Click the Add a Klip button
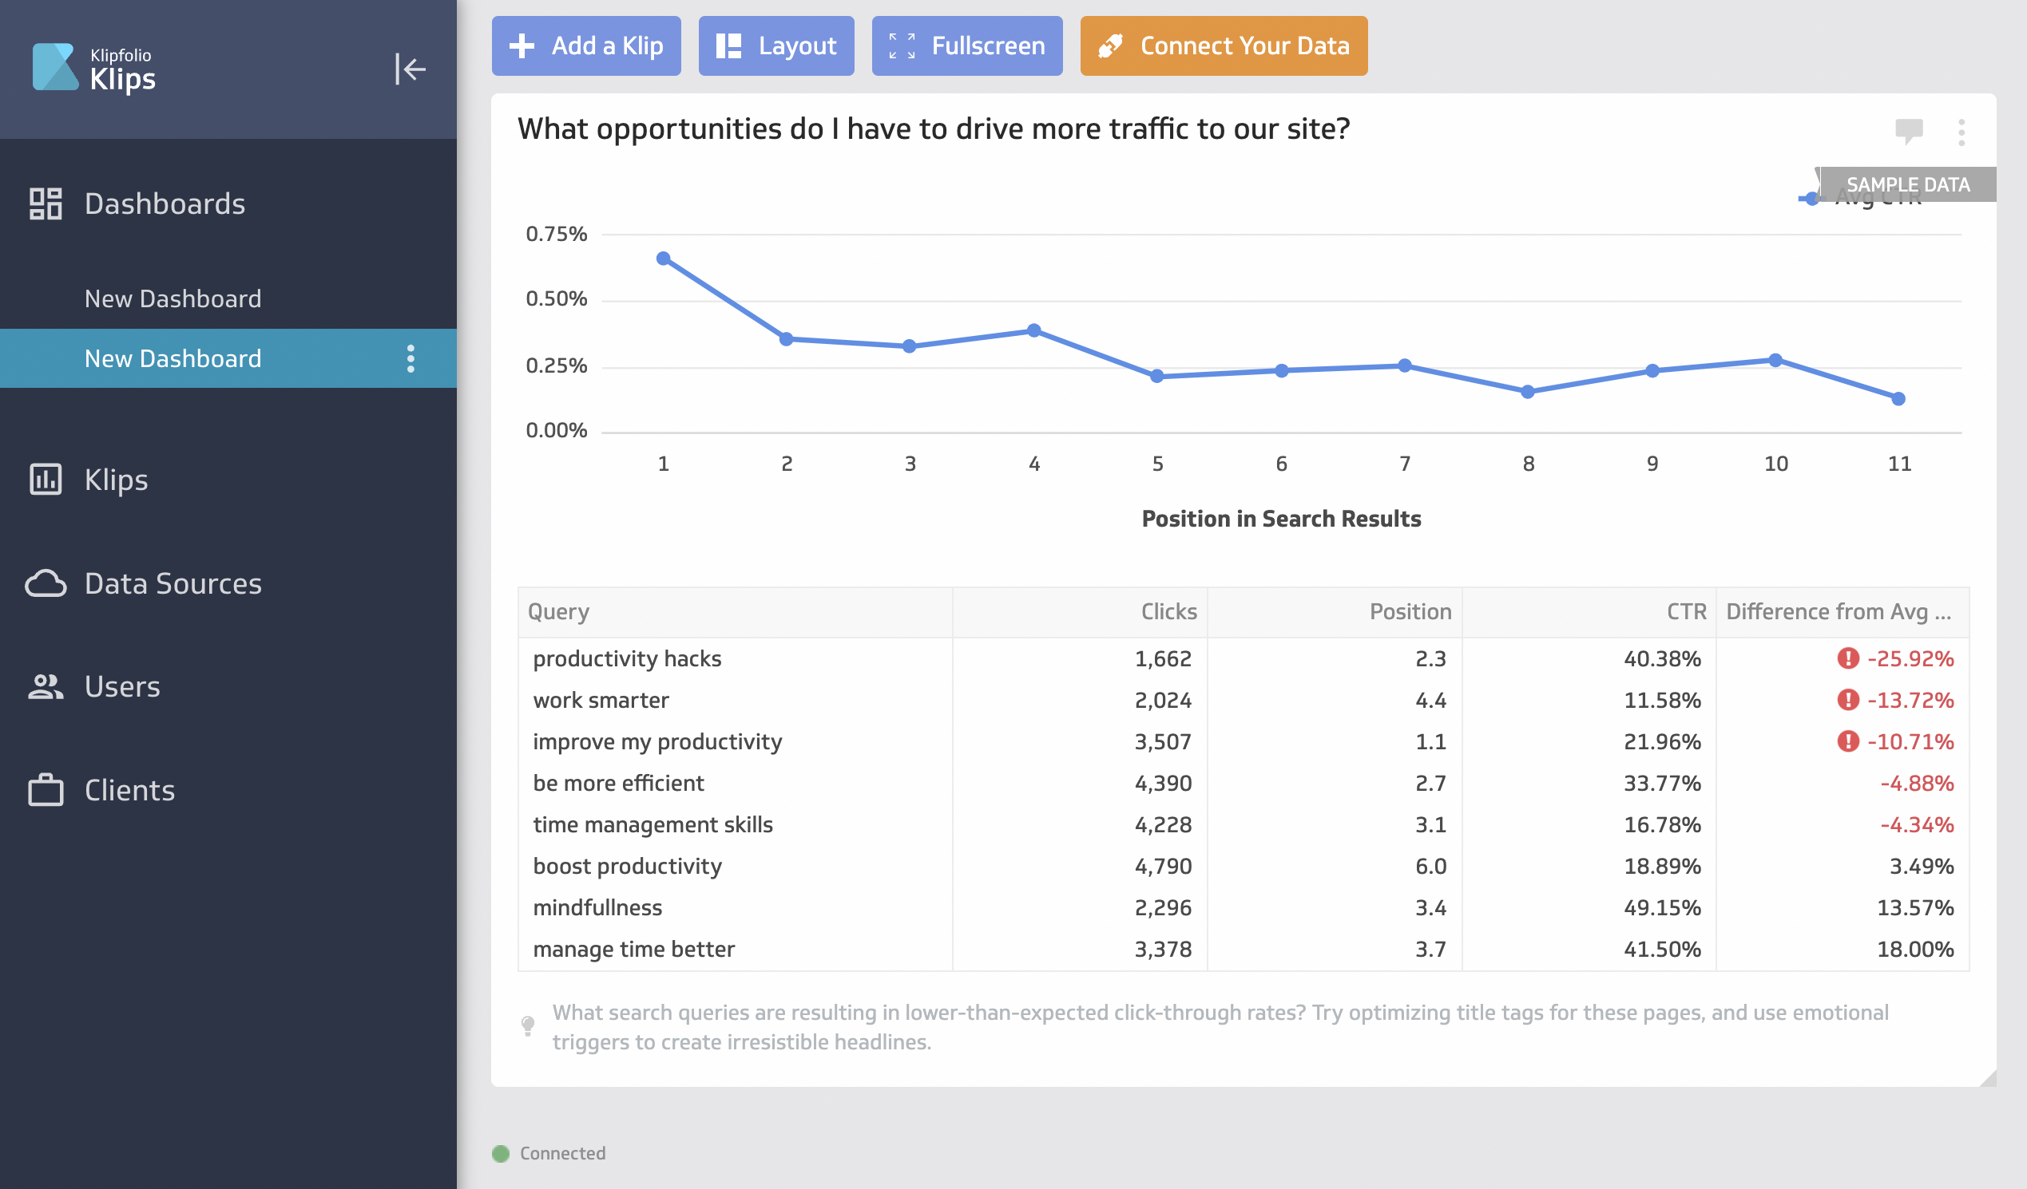[x=585, y=45]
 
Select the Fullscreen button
[x=966, y=45]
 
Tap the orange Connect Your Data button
[x=1223, y=45]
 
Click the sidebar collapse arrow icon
[x=410, y=69]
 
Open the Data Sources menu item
[x=173, y=583]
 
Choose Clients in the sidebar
[x=129, y=790]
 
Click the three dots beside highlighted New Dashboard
[x=411, y=358]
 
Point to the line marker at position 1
[x=663, y=259]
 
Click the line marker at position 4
[x=1033, y=330]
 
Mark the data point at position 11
[x=1898, y=399]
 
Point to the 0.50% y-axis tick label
[x=556, y=299]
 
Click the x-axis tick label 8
[x=1528, y=464]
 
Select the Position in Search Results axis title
[x=1280, y=519]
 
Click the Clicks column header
[x=1168, y=612]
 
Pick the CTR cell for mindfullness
[x=1661, y=907]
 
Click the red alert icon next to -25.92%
[x=1847, y=658]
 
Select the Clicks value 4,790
[x=1162, y=867]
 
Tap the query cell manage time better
[x=633, y=950]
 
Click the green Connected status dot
[x=500, y=1154]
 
